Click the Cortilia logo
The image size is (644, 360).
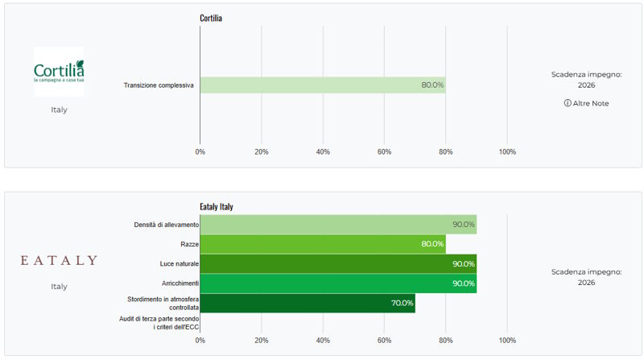point(59,65)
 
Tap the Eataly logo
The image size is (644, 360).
point(59,260)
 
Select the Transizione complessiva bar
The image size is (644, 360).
point(322,85)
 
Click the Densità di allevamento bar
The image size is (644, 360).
point(338,225)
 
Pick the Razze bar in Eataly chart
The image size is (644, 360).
point(322,244)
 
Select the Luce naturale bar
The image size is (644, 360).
point(338,264)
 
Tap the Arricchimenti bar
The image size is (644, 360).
point(338,283)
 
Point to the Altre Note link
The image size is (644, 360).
point(586,103)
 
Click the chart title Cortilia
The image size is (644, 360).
point(211,18)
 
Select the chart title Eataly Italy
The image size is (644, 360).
point(217,207)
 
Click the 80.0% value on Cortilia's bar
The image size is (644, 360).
point(432,85)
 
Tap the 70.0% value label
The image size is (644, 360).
point(402,303)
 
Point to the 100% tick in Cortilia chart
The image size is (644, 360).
point(507,151)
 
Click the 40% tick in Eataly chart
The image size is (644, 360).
point(323,341)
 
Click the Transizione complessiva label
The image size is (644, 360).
point(159,85)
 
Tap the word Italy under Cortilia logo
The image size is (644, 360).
point(59,110)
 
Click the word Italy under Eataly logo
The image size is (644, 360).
point(59,286)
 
